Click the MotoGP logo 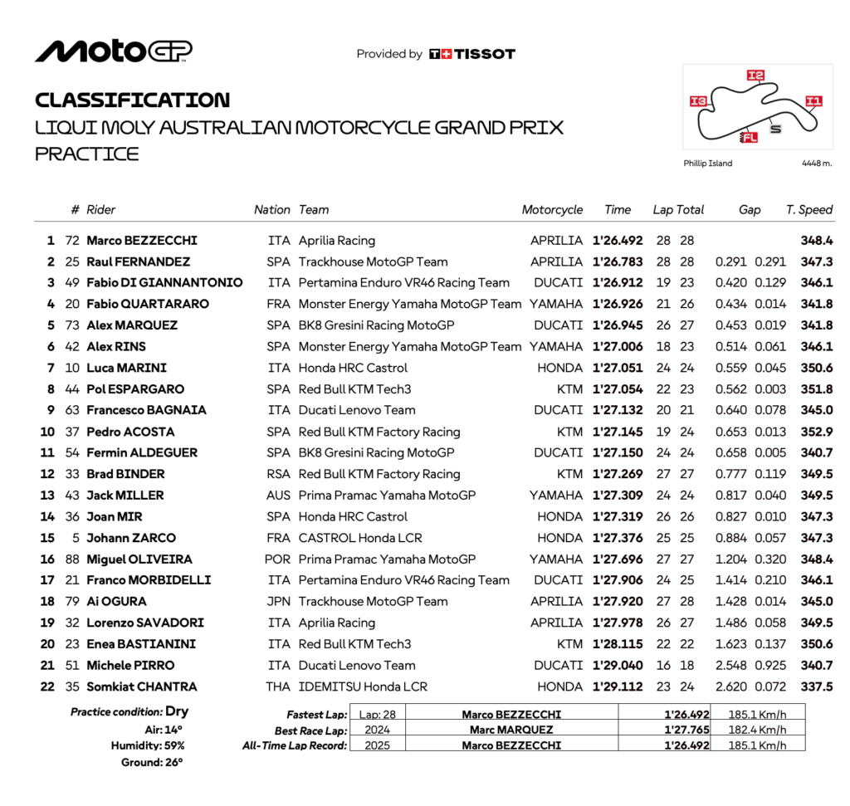point(113,51)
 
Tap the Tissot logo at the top point(471,54)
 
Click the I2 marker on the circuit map point(755,76)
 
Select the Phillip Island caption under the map point(707,164)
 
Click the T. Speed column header point(808,210)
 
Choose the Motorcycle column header point(552,210)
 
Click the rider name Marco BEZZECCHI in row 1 point(142,241)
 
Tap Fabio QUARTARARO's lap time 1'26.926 point(618,305)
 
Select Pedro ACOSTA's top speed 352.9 point(816,432)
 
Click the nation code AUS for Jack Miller point(279,496)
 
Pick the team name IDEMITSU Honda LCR point(363,686)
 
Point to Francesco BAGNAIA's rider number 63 point(72,410)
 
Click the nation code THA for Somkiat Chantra point(279,686)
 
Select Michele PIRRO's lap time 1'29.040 point(618,665)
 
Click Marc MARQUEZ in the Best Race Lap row point(511,730)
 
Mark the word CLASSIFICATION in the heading point(133,100)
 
